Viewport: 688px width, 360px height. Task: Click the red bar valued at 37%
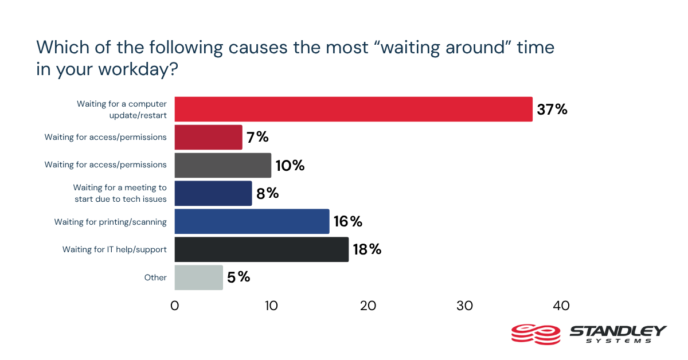click(353, 109)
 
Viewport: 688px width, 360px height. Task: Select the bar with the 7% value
click(208, 137)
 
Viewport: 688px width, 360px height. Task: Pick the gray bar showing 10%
click(222, 165)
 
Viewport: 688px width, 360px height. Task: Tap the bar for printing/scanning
click(252, 221)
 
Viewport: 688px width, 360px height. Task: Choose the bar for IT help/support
click(261, 249)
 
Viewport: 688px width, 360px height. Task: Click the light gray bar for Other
click(198, 277)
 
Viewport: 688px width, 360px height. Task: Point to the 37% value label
click(552, 109)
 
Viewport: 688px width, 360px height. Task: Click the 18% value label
click(367, 249)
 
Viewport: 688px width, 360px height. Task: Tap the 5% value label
click(239, 277)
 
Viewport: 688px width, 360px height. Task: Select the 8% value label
click(267, 193)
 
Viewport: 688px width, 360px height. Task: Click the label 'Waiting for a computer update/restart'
click(122, 109)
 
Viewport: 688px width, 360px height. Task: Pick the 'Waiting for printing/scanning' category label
click(111, 221)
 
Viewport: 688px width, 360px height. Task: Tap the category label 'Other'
click(155, 277)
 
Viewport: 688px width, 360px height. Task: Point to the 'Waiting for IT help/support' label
click(115, 249)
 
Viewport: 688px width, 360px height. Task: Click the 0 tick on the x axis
click(174, 306)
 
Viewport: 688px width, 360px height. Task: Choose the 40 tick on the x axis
click(561, 306)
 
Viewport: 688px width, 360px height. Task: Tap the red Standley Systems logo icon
click(535, 334)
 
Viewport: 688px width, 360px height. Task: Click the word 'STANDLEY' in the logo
click(617, 331)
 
